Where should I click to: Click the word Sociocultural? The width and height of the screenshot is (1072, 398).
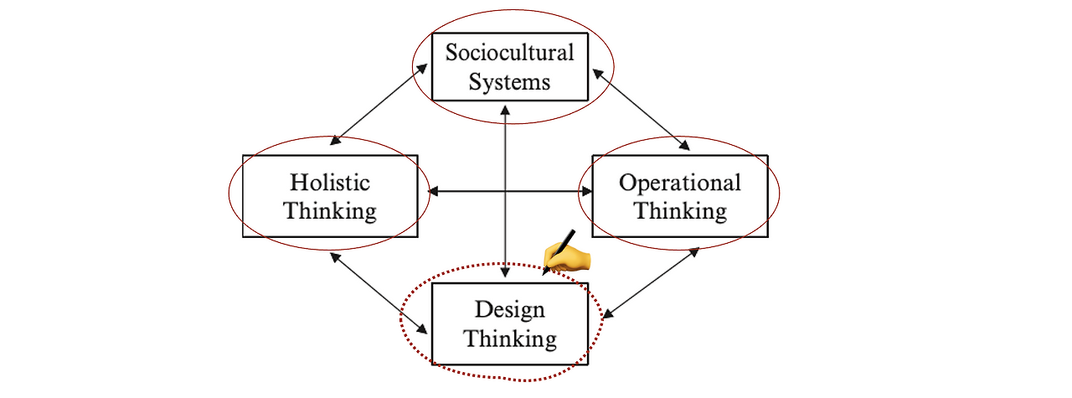tap(509, 53)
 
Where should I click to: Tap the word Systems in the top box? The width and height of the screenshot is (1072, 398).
tap(509, 82)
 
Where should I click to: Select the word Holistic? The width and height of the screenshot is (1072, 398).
tap(329, 182)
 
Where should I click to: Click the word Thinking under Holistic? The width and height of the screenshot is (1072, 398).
tap(329, 210)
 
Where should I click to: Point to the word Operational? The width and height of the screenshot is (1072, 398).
tap(679, 183)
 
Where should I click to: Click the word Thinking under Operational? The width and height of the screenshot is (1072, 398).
tap(679, 211)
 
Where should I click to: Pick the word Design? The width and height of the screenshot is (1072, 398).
tap(509, 310)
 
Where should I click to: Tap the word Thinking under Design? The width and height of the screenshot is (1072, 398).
tap(509, 339)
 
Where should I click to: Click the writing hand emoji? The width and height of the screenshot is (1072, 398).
tap(569, 253)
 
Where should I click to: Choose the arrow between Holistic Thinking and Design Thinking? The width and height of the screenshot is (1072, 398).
tap(380, 292)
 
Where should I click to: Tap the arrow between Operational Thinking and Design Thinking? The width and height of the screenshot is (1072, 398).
tap(652, 282)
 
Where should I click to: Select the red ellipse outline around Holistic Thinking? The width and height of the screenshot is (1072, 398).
tap(229, 193)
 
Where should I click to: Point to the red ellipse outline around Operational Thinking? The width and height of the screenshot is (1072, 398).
tap(779, 194)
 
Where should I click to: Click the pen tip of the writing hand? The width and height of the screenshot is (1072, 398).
tap(546, 271)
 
